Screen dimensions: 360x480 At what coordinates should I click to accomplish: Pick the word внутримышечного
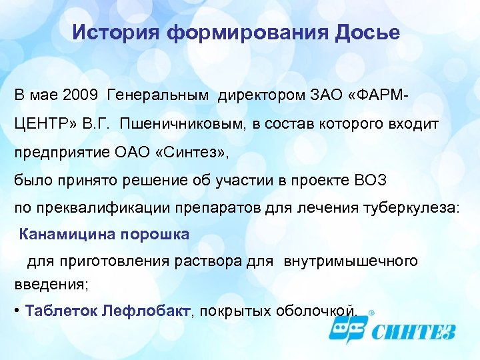point(351,261)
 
